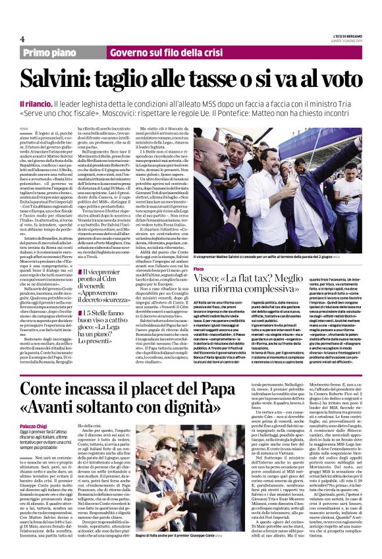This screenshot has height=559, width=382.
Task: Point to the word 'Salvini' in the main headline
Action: coord(72,79)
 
